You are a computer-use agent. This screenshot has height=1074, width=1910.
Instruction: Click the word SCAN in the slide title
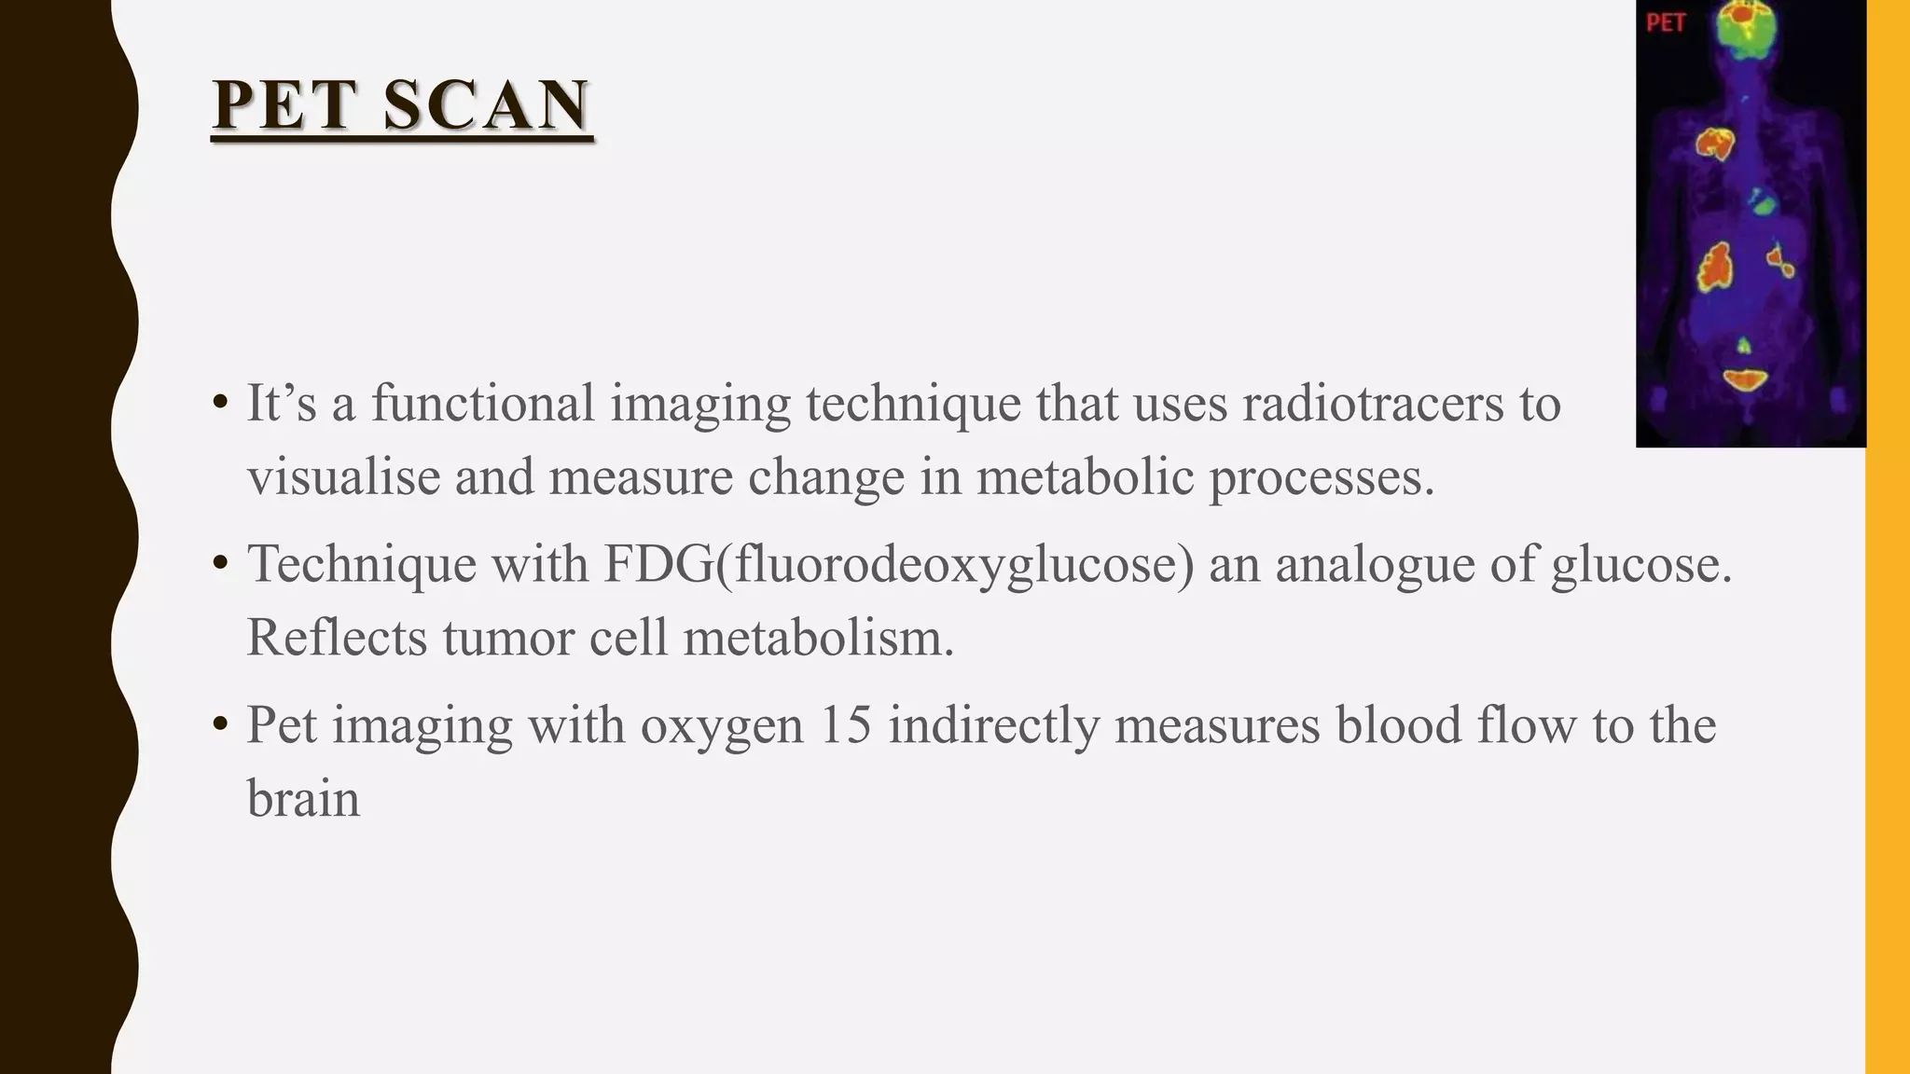[x=486, y=104]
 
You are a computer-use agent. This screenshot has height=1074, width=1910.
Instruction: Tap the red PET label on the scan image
[x=1666, y=22]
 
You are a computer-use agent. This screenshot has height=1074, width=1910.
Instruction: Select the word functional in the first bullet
[x=483, y=404]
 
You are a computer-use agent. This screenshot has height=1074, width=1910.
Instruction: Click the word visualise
[x=343, y=476]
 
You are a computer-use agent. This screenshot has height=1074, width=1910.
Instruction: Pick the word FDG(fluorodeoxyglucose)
[x=898, y=565]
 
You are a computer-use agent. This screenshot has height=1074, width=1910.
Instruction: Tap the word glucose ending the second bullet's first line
[x=1641, y=565]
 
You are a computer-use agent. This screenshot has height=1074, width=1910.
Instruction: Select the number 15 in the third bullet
[x=846, y=725]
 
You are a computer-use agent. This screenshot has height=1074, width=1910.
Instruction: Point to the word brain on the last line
[x=303, y=799]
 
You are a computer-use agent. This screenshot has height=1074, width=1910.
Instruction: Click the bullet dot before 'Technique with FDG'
[x=220, y=564]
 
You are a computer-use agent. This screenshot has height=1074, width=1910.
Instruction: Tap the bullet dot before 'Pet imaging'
[x=220, y=724]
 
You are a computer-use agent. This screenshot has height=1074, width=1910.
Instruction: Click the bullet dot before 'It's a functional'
[x=220, y=404]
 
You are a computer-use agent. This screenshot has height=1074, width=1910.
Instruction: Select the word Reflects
[x=337, y=639]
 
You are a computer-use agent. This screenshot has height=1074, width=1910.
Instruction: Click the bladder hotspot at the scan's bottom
[x=1744, y=379]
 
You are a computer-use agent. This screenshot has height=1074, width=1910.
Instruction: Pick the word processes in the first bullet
[x=1322, y=478]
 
